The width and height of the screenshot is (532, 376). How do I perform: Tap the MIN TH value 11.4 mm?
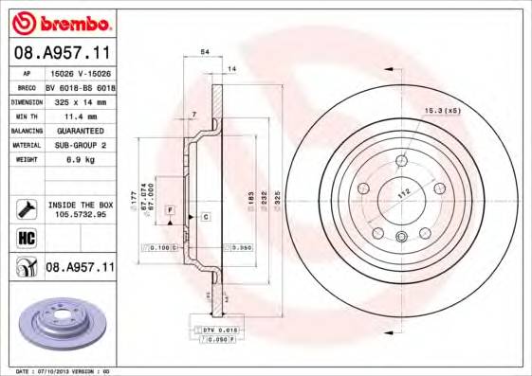(69, 115)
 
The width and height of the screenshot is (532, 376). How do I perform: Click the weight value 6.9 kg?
(67, 160)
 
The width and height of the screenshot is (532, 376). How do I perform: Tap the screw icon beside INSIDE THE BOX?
(25, 208)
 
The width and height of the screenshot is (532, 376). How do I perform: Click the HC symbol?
(25, 237)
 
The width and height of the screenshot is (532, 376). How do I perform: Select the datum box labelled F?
(171, 208)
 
